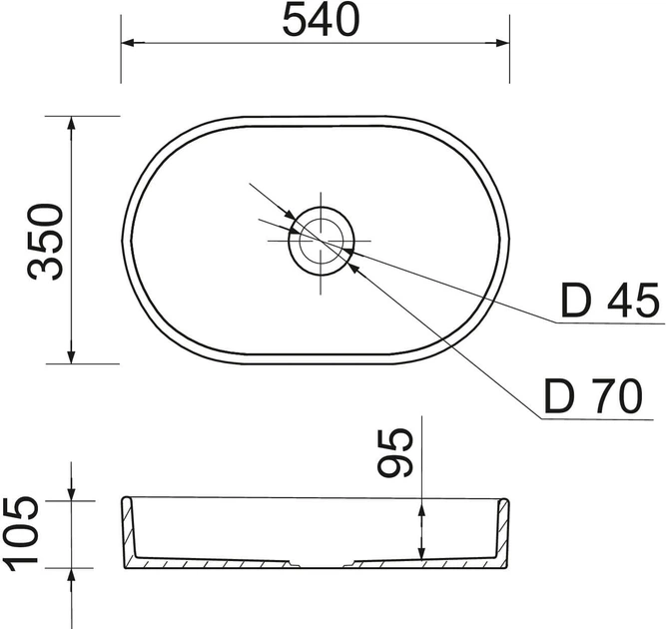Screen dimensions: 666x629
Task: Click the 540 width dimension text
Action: tap(321, 21)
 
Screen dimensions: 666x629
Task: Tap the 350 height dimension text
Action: tap(45, 242)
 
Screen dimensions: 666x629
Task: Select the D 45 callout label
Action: tap(610, 302)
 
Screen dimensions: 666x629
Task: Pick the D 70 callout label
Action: tap(593, 396)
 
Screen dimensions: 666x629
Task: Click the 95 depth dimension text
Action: tap(395, 452)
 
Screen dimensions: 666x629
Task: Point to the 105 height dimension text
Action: tap(20, 533)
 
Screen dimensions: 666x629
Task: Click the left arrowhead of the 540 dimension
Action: tap(133, 43)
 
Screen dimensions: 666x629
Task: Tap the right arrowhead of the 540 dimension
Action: tap(497, 43)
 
